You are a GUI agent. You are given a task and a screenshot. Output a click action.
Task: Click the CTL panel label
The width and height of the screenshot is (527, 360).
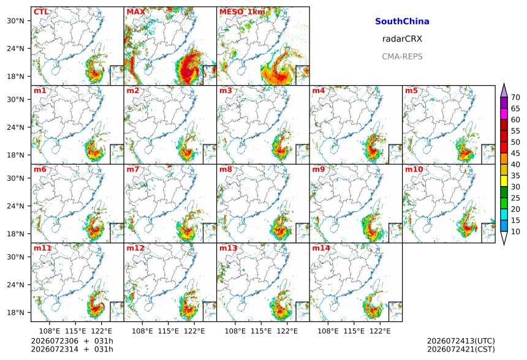[41, 12]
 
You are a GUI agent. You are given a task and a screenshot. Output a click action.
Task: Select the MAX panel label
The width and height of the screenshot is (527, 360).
[136, 12]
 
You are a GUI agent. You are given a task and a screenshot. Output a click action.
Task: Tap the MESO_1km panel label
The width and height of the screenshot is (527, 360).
[242, 12]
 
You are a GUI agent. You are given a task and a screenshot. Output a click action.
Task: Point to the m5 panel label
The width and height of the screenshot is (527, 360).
[411, 91]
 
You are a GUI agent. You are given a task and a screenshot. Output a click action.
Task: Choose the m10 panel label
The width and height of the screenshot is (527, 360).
[414, 169]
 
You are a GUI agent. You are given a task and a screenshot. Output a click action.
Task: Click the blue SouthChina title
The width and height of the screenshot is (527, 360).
[402, 21]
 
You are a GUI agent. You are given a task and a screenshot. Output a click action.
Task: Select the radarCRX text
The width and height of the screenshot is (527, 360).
[402, 39]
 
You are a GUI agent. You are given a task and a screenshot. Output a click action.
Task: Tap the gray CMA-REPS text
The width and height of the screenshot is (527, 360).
[402, 56]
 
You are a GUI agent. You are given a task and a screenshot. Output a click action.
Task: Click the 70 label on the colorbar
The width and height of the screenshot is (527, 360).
[515, 97]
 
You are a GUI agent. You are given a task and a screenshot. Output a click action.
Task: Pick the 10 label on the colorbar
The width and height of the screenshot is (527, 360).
[515, 231]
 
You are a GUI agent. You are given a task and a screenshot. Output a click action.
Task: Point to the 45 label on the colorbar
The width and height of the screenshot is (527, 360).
[515, 153]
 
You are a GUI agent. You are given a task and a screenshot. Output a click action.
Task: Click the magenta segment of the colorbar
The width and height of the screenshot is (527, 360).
[504, 114]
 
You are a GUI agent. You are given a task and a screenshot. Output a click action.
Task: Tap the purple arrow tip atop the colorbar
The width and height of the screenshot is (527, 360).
[504, 84]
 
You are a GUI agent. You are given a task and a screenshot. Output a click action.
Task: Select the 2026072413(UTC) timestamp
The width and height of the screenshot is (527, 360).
[461, 341]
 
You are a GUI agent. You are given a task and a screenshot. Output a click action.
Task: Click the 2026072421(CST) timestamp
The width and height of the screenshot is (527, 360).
[461, 350]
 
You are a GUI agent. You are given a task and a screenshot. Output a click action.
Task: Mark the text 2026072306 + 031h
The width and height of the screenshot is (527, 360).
[72, 341]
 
